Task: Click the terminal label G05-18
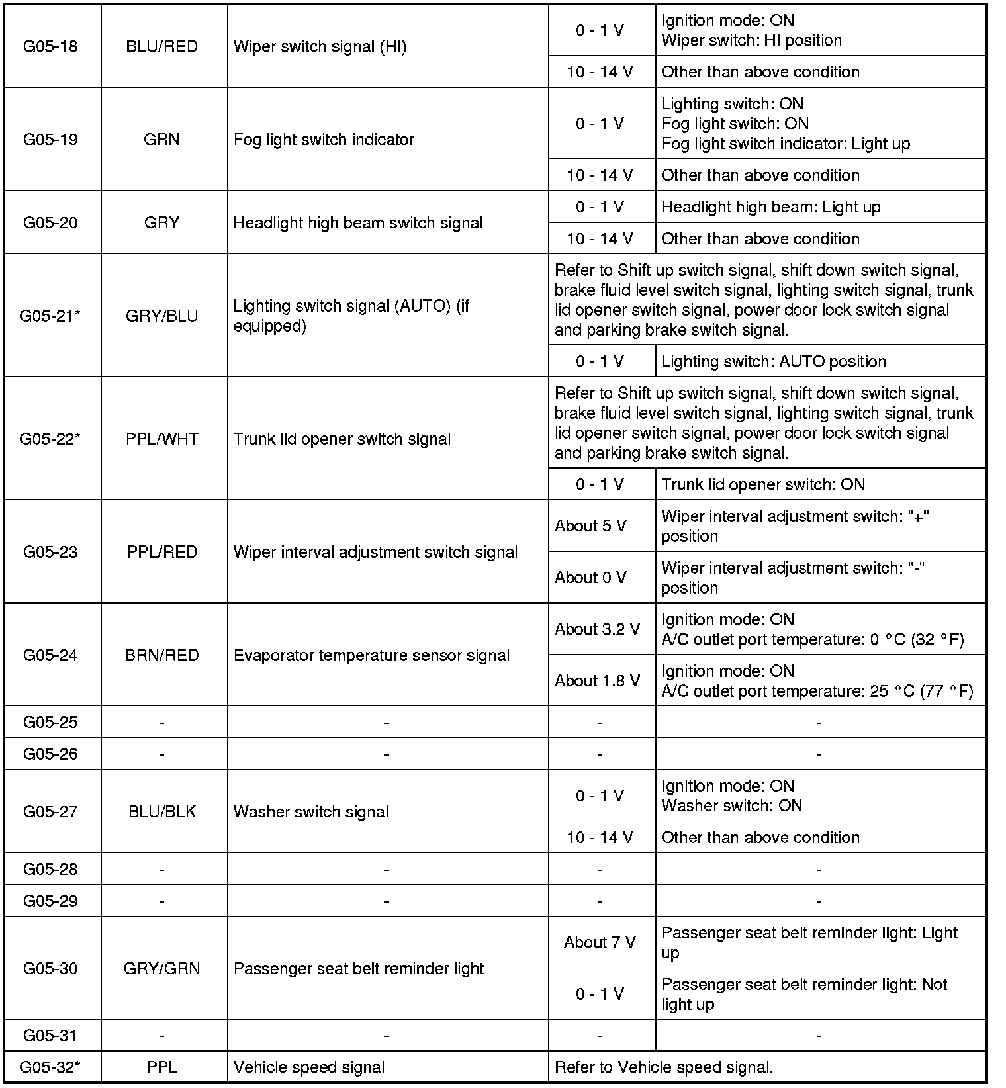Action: (50, 46)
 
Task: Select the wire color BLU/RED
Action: (162, 46)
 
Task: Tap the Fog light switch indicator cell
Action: (324, 140)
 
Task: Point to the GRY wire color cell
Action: (162, 223)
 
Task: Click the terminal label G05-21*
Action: (50, 316)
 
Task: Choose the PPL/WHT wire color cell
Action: (162, 439)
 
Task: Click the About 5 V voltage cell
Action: (591, 526)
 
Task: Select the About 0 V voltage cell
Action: (591, 578)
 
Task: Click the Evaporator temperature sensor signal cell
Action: (371, 655)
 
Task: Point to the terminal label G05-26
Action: (50, 754)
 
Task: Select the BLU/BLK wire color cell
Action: (162, 812)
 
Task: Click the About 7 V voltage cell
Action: (600, 942)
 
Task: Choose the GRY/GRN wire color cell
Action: (162, 968)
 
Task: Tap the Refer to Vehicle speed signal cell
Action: (664, 1067)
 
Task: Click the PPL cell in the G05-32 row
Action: (162, 1067)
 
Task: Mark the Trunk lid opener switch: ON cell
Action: (763, 484)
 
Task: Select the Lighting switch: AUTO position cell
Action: (774, 361)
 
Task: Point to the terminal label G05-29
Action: (50, 901)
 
